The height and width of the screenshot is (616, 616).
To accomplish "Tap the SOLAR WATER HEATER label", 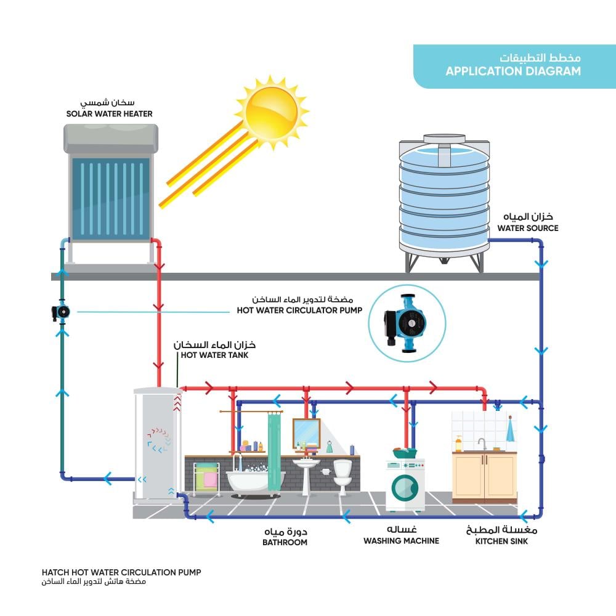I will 110,114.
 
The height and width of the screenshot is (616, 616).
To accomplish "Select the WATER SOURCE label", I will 528,228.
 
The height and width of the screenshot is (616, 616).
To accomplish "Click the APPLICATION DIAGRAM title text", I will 513,71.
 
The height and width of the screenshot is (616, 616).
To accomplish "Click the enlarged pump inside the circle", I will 406,323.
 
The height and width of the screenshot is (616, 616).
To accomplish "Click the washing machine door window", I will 405,488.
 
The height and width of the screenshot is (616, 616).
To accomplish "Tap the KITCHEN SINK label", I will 501,541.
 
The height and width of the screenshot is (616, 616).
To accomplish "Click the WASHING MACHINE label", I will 401,541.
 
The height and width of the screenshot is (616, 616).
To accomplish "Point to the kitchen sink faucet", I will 481,443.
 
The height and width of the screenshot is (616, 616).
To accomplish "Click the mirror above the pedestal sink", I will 306,432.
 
